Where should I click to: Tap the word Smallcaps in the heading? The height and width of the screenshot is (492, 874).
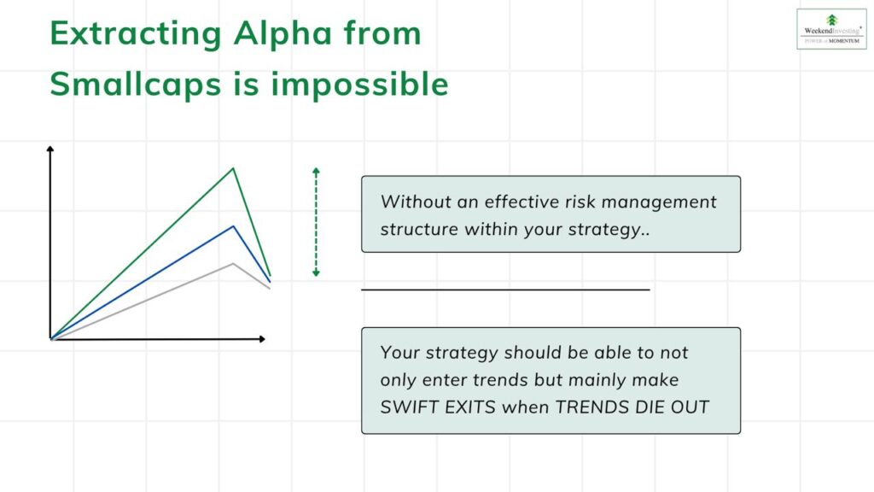pos(136,85)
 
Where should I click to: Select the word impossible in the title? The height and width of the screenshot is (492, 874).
pos(359,85)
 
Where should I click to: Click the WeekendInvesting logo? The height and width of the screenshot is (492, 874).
pos(831,29)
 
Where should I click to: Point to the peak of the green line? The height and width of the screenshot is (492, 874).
pos(233,168)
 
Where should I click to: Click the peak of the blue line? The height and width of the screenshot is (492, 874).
pos(234,225)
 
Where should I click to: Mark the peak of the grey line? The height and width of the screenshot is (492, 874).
pos(233,263)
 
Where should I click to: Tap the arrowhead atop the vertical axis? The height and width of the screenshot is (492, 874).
pos(50,149)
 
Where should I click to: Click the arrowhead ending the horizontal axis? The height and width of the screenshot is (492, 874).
pos(262,338)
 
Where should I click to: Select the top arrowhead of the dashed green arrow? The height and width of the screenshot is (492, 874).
pos(316,170)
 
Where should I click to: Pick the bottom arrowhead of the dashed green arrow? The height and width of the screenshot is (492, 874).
pos(316,273)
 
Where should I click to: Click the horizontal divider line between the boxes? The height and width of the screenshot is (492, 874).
pos(505,290)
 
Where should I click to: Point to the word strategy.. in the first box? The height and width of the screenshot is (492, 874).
pos(609,230)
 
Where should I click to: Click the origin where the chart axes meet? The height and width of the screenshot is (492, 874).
pos(50,338)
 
